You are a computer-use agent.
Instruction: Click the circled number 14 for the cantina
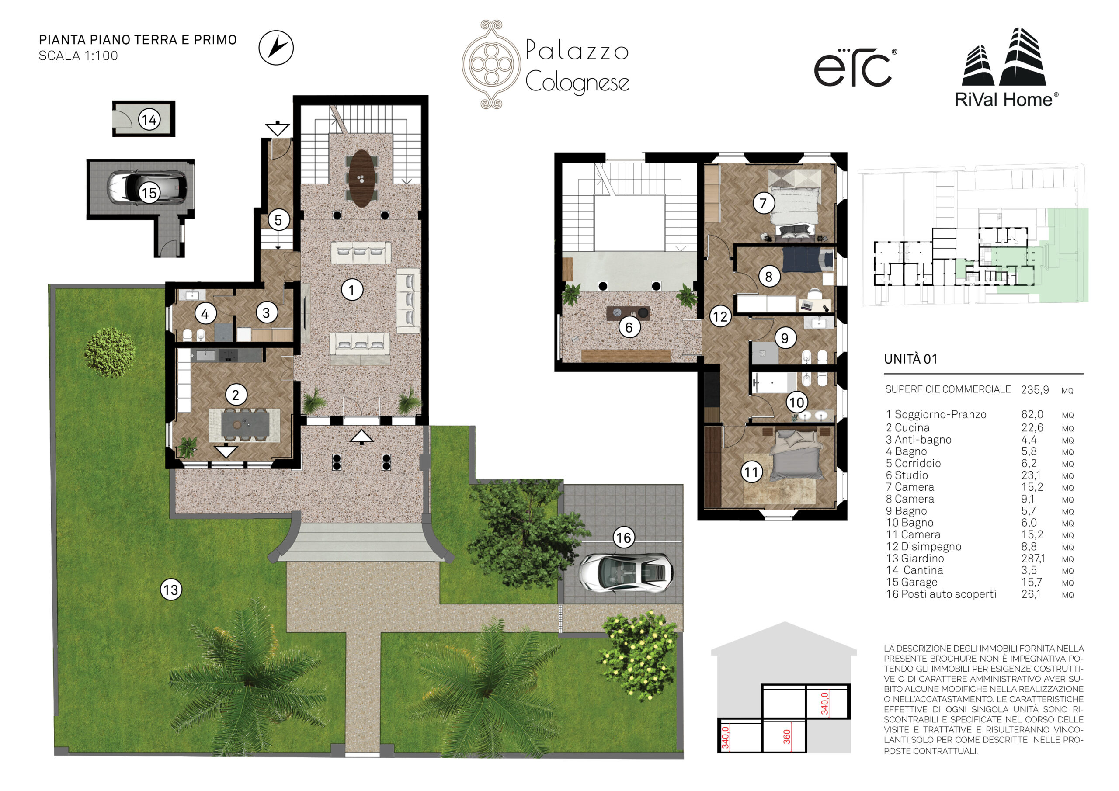point(149,119)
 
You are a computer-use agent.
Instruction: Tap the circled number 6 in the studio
point(629,327)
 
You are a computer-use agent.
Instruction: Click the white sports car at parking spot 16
point(626,572)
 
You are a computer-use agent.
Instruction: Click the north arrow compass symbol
point(276,48)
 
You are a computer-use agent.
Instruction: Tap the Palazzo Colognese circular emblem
point(491,64)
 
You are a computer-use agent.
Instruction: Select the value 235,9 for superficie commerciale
point(1035,390)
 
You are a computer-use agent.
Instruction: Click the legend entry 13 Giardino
point(915,559)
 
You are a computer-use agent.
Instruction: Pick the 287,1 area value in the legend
point(1033,559)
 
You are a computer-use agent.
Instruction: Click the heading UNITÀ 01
point(910,359)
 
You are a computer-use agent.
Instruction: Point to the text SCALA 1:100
point(79,56)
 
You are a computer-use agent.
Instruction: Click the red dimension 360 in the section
point(787,736)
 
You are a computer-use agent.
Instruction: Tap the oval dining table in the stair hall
point(361,178)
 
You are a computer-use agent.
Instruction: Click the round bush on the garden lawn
point(110,352)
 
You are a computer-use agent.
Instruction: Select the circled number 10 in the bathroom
point(796,402)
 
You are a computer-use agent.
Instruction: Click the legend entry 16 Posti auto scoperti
point(941,594)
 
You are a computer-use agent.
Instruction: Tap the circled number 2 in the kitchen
point(236,395)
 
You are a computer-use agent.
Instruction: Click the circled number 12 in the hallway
point(720,317)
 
